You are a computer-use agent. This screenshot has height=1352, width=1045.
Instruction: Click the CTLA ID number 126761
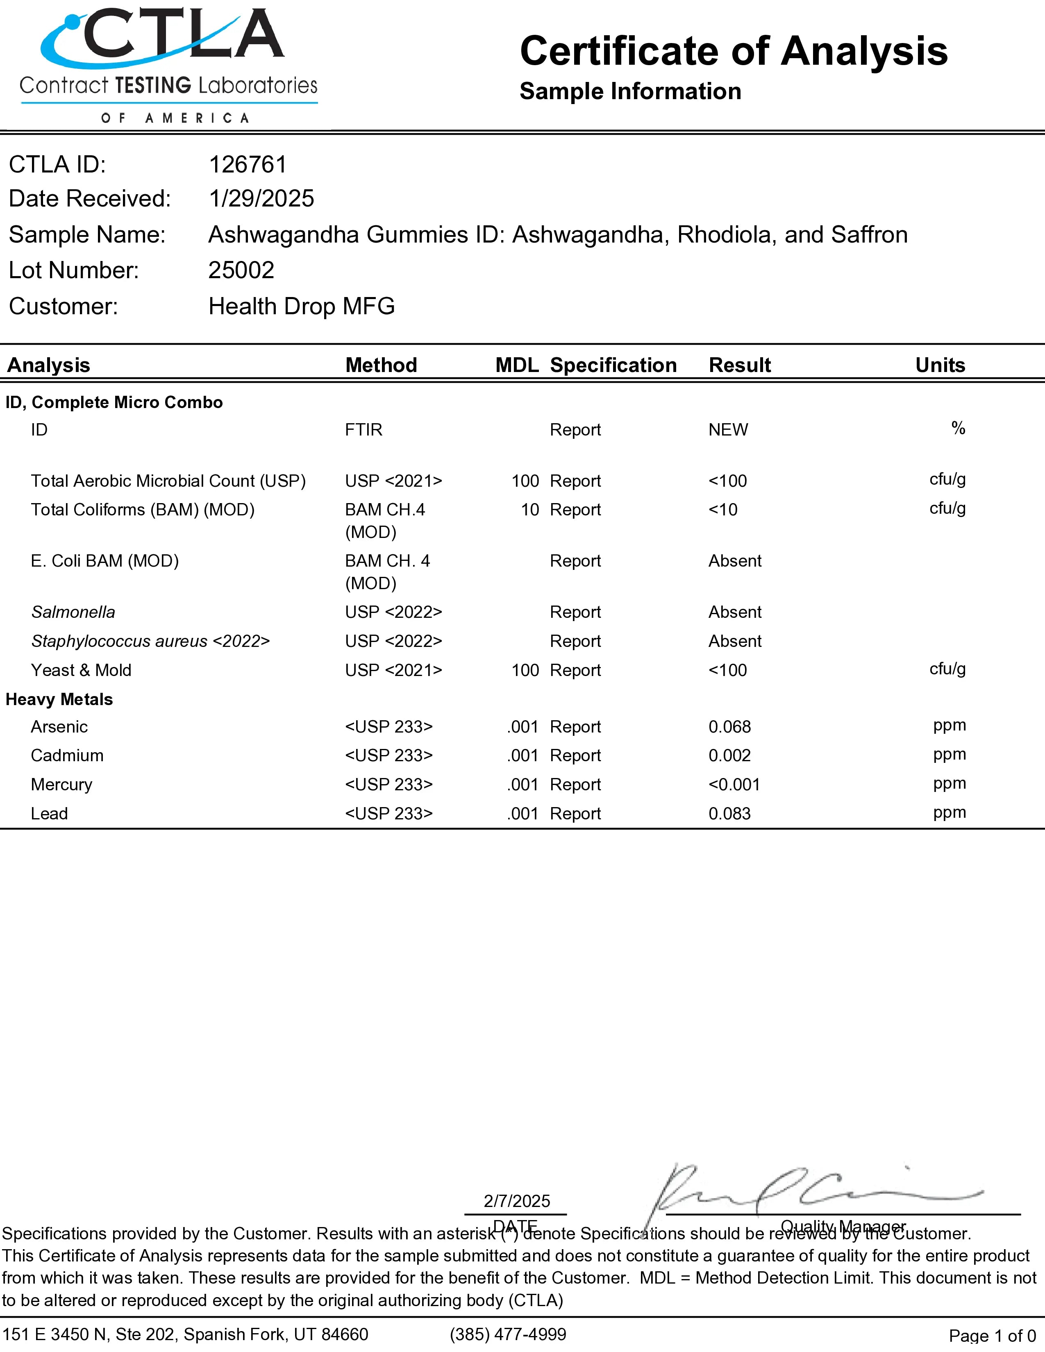tap(248, 165)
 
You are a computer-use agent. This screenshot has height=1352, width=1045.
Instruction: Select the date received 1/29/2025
tap(261, 199)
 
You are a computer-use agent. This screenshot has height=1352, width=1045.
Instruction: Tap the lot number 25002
tap(241, 270)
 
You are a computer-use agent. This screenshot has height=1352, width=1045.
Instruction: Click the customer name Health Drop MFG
tap(302, 306)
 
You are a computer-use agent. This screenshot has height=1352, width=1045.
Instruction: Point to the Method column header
tap(381, 365)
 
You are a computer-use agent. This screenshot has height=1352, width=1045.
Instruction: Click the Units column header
tap(940, 365)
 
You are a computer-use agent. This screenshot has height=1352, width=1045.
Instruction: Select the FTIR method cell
tap(363, 430)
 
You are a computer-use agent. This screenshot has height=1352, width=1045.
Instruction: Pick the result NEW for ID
tap(728, 430)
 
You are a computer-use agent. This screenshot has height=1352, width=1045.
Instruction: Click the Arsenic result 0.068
tap(729, 727)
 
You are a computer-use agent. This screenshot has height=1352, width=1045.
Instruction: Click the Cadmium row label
tap(67, 756)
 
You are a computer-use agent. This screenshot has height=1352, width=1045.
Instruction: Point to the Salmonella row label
tap(73, 612)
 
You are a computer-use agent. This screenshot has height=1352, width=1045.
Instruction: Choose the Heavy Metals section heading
tap(59, 699)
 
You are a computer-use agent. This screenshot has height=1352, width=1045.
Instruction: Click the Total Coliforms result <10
tap(722, 510)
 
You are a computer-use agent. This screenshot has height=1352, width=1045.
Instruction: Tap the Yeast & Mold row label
tap(81, 670)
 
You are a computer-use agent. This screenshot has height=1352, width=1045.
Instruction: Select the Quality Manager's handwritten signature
tap(805, 1192)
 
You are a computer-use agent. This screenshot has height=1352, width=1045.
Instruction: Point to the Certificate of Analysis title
tap(734, 51)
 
